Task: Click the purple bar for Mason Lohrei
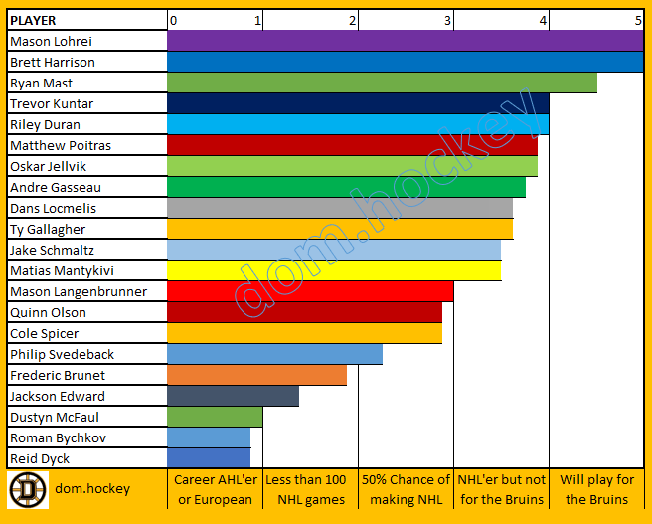click(406, 41)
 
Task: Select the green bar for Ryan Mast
click(383, 83)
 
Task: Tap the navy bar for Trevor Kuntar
click(358, 103)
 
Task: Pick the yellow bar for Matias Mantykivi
click(334, 270)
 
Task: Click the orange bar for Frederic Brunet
click(257, 375)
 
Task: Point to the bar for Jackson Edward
click(234, 396)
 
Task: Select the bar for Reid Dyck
click(210, 458)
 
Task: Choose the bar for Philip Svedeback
click(275, 354)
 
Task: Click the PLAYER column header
click(33, 20)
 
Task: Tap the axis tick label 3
click(448, 20)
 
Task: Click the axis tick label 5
click(638, 20)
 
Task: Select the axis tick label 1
click(258, 20)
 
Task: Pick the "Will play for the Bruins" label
click(596, 489)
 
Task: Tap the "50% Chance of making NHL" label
click(406, 489)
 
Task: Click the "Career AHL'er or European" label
click(215, 489)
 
